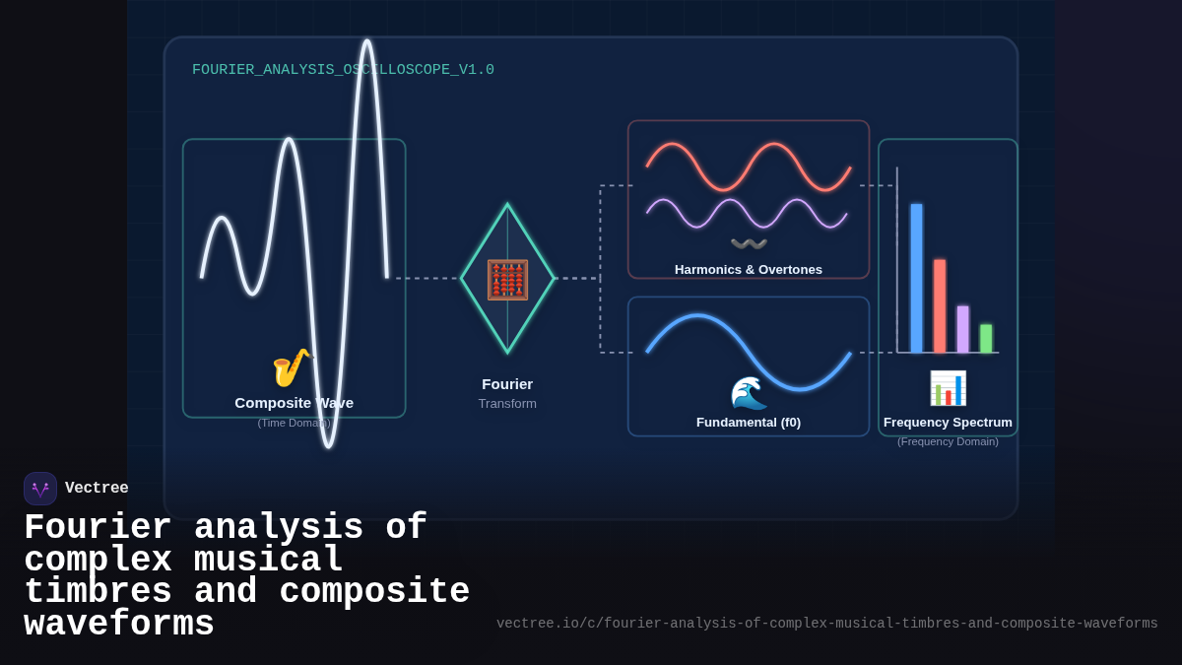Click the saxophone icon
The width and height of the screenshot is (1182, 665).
(291, 367)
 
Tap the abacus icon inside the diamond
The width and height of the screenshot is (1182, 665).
(507, 280)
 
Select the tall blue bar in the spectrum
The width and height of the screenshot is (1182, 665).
(916, 278)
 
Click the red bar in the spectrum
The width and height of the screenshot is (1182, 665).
(940, 305)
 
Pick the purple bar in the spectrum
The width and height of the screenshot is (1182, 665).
(962, 329)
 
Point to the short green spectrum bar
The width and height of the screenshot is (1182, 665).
(986, 338)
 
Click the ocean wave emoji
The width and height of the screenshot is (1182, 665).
(749, 392)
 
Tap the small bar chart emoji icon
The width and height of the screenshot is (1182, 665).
(948, 388)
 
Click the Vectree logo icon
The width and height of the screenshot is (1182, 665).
(40, 489)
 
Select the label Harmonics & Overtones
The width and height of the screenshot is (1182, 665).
(749, 270)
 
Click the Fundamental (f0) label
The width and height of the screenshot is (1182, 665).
(749, 423)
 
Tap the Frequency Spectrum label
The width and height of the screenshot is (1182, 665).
(948, 423)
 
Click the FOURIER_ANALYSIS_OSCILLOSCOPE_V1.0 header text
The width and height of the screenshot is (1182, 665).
(343, 70)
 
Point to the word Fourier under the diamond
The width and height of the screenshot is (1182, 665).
(507, 384)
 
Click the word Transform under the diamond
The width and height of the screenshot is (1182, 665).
(507, 404)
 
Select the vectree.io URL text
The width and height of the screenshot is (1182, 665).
(826, 624)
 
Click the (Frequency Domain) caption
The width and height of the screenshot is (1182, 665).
(948, 441)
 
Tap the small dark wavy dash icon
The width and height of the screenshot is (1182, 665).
(749, 243)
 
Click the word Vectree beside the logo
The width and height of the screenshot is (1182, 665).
(97, 489)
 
